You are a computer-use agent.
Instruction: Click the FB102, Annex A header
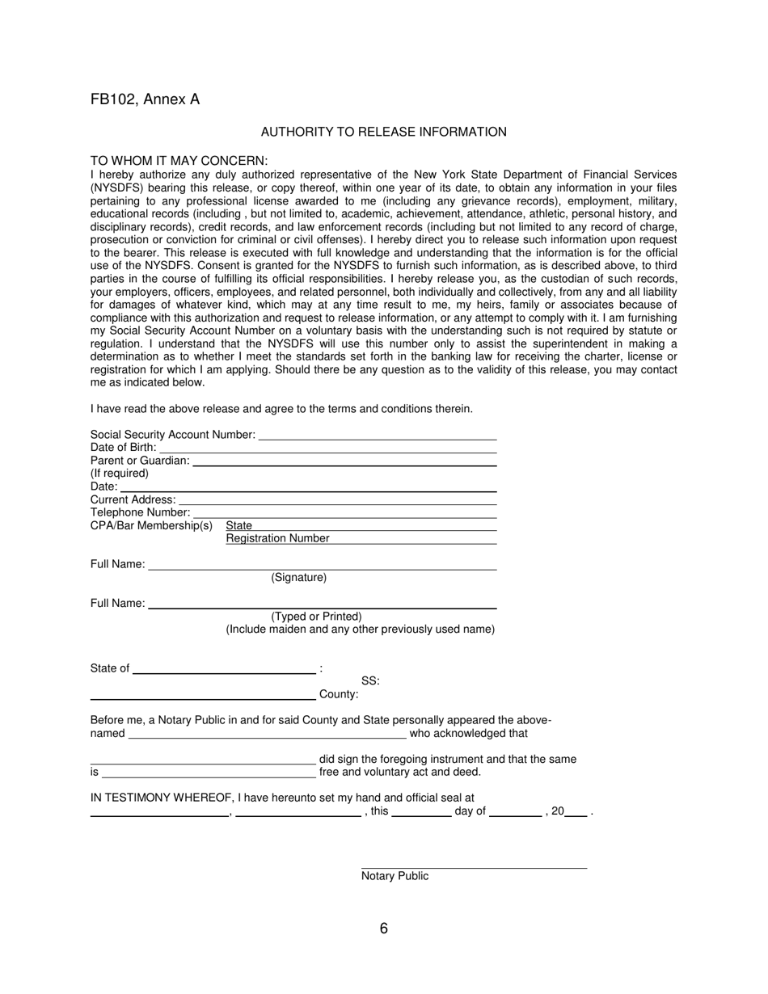tap(145, 99)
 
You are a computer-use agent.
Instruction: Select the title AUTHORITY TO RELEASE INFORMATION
tap(383, 132)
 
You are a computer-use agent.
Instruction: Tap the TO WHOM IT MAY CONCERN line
tap(179, 161)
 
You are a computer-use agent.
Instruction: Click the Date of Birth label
tap(123, 448)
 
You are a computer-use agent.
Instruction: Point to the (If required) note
tap(120, 474)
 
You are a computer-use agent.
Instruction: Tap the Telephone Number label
tap(140, 512)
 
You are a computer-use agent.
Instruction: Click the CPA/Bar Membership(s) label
tap(151, 526)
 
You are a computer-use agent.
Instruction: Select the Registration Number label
tap(277, 538)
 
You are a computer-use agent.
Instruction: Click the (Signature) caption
tap(299, 578)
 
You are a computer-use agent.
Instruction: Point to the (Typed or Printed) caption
tap(316, 617)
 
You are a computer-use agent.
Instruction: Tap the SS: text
tap(370, 681)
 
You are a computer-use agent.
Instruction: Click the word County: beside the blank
tap(339, 694)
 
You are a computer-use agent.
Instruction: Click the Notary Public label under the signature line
tap(395, 876)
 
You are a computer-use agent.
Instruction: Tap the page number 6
tap(383, 929)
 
